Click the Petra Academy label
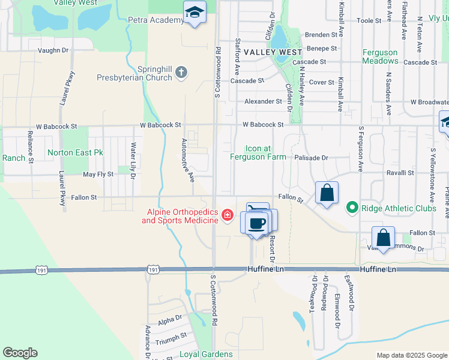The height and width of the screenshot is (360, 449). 155,20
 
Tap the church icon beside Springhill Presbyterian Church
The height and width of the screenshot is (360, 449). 182,73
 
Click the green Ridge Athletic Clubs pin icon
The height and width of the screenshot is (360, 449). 352,208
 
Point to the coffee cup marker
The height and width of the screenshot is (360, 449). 256,223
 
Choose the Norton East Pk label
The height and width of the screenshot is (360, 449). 75,153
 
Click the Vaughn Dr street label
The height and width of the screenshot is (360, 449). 52,50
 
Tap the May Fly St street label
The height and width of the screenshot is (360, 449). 98,174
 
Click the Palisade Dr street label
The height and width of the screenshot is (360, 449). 311,158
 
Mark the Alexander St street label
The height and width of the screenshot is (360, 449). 263,101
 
